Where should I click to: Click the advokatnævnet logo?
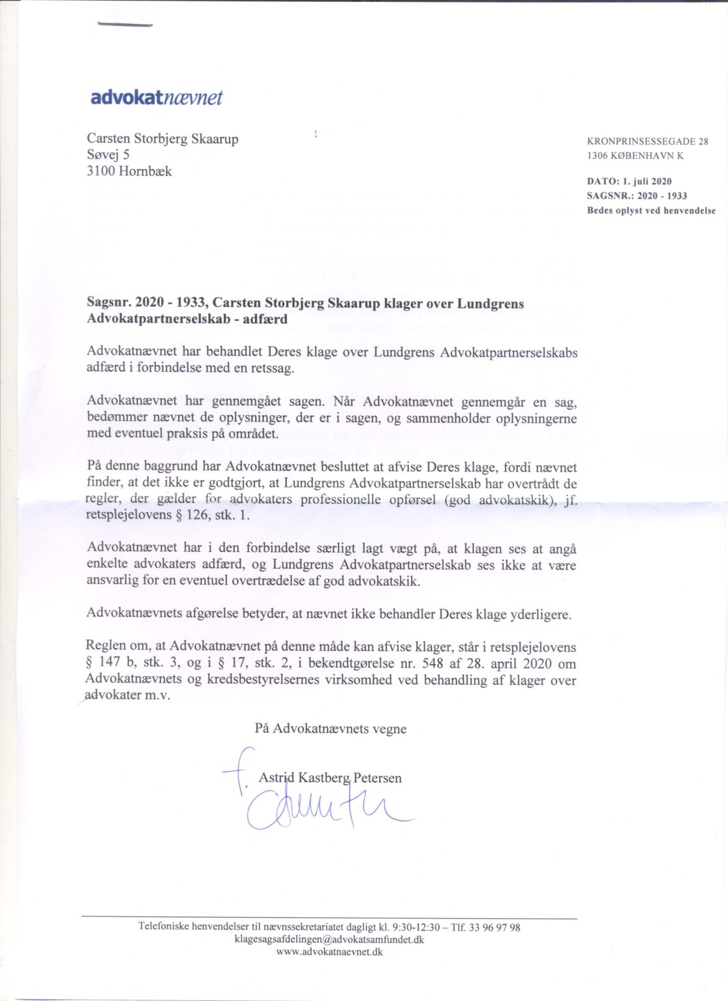click(157, 98)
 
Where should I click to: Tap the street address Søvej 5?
click(108, 154)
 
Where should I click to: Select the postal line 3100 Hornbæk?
click(129, 171)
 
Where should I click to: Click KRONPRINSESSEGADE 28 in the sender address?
click(647, 141)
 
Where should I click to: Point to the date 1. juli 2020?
click(646, 181)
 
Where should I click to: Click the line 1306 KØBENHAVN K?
click(635, 156)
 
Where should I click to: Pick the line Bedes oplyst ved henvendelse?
click(651, 210)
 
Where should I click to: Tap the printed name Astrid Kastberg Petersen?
click(330, 777)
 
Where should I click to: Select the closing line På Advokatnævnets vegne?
click(330, 729)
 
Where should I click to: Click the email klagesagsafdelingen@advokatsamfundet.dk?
click(329, 939)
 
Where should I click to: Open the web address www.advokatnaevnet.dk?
click(329, 951)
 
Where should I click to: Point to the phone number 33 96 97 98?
click(496, 927)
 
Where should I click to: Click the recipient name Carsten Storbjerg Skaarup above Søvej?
click(162, 138)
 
